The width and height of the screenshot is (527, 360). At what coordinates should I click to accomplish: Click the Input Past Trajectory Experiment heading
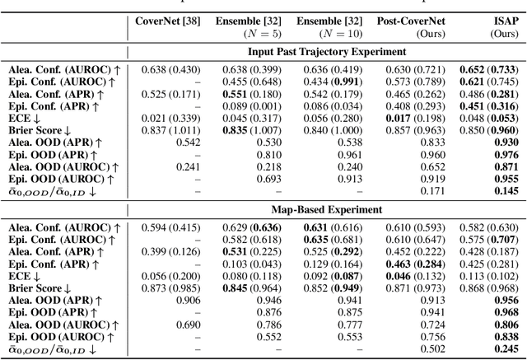pyautogui.click(x=326, y=52)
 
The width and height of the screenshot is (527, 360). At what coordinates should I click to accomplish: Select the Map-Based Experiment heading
pyautogui.click(x=326, y=208)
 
